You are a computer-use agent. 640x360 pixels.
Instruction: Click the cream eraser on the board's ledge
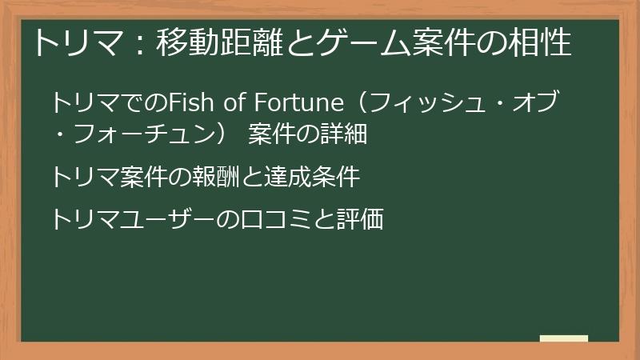coord(564,338)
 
